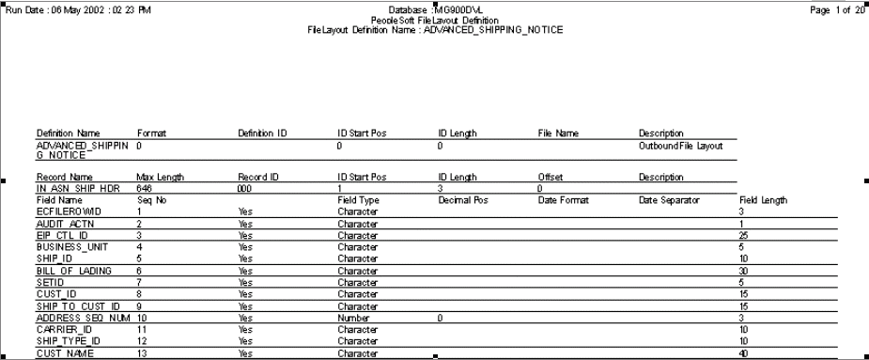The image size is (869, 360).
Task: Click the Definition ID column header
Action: coord(262,134)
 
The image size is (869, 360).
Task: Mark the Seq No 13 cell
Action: coord(143,353)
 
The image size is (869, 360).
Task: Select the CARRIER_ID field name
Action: coord(62,330)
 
